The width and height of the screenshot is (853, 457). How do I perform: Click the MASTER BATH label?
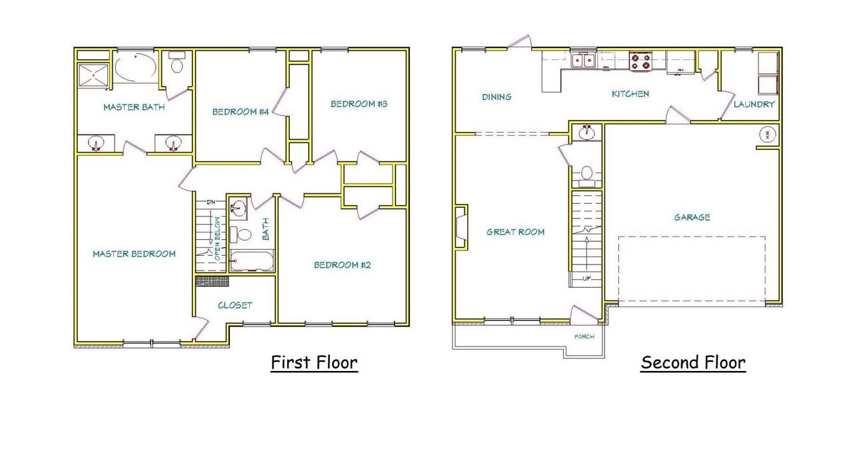coord(134,107)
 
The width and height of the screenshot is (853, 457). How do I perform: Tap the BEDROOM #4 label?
coord(240,112)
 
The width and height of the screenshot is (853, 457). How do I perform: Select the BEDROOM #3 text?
coord(359,104)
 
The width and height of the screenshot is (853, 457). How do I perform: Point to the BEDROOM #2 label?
coord(342,265)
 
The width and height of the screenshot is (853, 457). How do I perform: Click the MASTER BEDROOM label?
coord(134,254)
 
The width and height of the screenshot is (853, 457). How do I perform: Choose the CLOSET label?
coord(235,305)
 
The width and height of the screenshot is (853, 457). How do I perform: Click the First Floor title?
coord(314,363)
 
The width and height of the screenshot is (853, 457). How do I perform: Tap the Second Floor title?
coord(693,363)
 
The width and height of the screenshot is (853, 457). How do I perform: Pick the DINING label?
coord(496,97)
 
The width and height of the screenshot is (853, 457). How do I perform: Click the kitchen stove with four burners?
coord(641,62)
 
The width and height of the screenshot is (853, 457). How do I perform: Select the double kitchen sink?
coord(584,61)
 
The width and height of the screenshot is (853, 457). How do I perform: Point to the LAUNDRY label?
coord(754,105)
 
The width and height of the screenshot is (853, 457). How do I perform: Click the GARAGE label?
coord(692,217)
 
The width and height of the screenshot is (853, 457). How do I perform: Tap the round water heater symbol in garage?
coord(767,133)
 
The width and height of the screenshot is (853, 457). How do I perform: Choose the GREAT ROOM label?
coord(515,232)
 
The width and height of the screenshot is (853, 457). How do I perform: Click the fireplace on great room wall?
coord(460,227)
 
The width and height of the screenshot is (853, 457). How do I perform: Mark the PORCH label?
coord(584,336)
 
